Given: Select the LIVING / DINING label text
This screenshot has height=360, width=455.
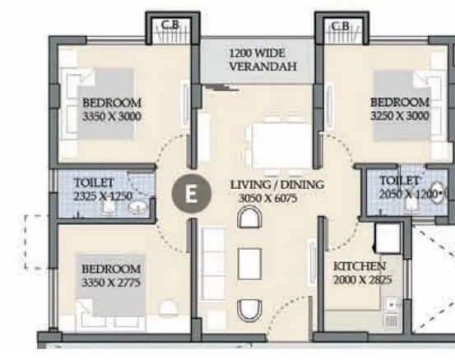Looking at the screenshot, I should coord(276,185).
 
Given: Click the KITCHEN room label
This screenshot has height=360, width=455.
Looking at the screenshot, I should coord(360,267).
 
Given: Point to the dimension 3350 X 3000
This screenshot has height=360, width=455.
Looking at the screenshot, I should coord(112,118).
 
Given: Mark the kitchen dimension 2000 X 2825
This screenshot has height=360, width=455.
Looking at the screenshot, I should coord(362,280).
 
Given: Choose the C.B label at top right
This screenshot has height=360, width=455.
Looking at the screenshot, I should coord(340,25).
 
